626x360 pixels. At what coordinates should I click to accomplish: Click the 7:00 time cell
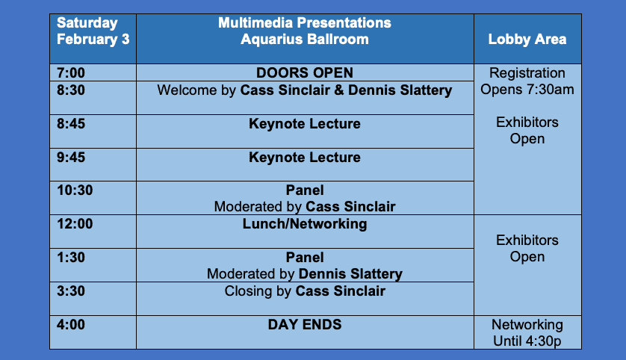(x=93, y=72)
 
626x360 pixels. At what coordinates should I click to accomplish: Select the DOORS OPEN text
(x=305, y=72)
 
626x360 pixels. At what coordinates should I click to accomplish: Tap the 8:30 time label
(x=71, y=90)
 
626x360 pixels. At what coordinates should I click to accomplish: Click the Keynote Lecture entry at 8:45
(x=305, y=124)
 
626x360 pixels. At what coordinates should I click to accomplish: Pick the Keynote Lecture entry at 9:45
(x=305, y=158)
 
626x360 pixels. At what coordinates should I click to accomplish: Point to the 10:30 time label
(x=75, y=190)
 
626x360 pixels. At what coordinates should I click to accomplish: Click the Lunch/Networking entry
(x=305, y=224)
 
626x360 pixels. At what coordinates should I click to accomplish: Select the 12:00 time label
(x=75, y=224)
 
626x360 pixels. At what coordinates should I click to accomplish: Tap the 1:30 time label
(x=71, y=258)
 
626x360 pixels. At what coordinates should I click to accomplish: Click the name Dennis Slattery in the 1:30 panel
(x=350, y=274)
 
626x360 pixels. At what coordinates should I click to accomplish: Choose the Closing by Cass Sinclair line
(x=305, y=291)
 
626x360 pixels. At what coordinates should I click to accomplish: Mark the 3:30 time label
(x=71, y=291)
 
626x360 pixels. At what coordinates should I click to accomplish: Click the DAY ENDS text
(x=305, y=324)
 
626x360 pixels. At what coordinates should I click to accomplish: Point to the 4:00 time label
(x=71, y=324)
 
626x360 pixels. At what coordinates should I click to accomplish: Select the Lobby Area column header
(x=527, y=39)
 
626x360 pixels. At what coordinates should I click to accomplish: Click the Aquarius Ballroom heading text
(x=305, y=39)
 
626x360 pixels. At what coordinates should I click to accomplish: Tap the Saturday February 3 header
(x=93, y=31)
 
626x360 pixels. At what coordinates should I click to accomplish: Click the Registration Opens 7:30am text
(x=527, y=81)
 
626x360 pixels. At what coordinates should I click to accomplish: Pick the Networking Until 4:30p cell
(x=527, y=333)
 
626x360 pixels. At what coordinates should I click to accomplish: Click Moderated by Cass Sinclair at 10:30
(x=305, y=207)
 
